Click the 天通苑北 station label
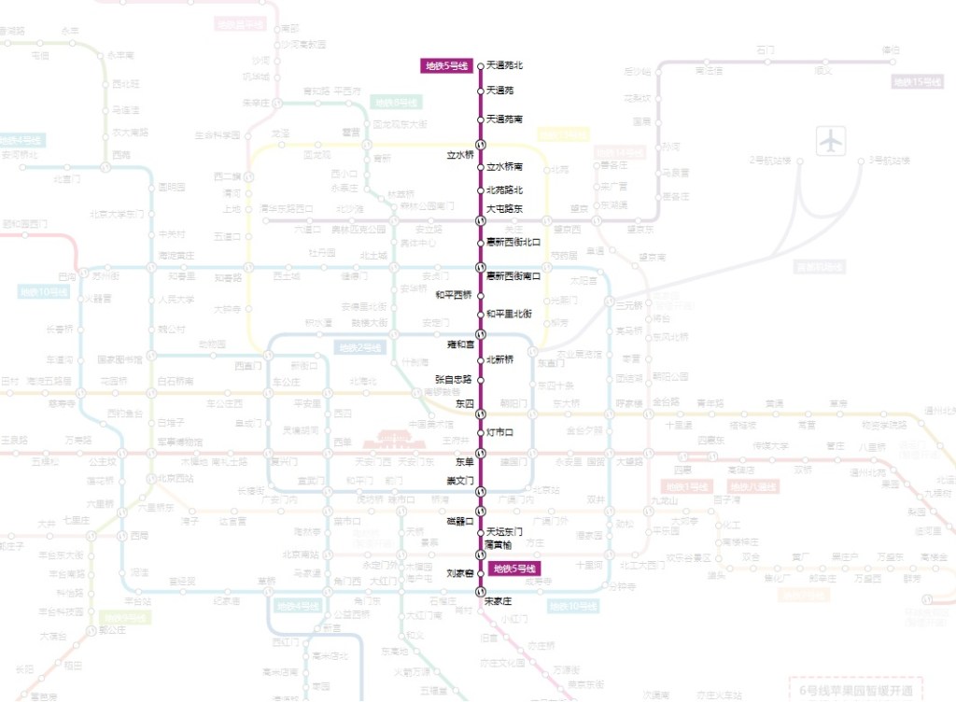(x=505, y=65)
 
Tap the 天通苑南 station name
(x=505, y=119)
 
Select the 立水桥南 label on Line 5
(x=505, y=167)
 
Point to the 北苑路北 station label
(x=505, y=190)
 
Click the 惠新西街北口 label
(x=513, y=242)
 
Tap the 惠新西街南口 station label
(x=513, y=275)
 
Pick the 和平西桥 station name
(x=454, y=295)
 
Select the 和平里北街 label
(x=510, y=314)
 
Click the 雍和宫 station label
(x=461, y=344)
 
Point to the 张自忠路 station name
(x=454, y=380)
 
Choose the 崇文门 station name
(x=459, y=481)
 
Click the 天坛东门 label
(x=505, y=532)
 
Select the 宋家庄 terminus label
(x=501, y=601)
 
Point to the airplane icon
(x=830, y=140)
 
